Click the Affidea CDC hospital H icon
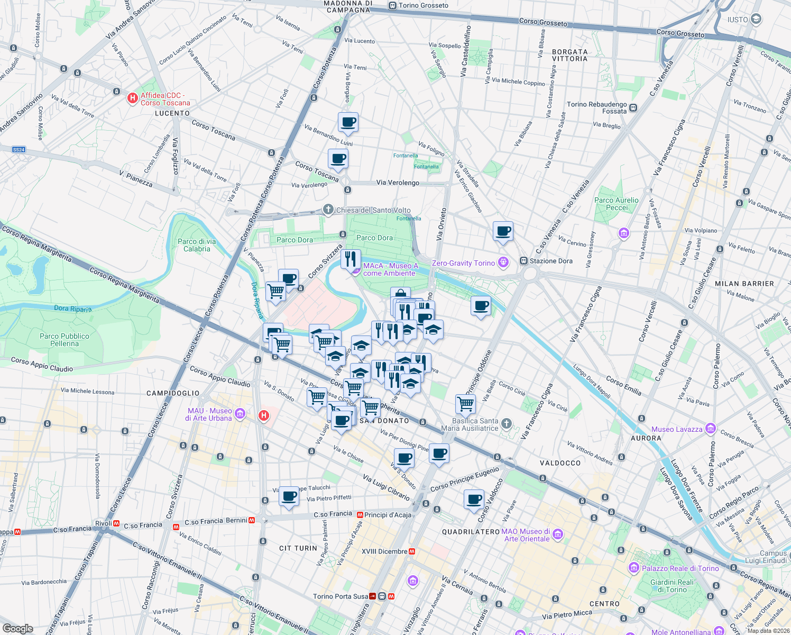coord(133,98)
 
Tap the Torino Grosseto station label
coord(423,5)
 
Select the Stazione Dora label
coord(551,261)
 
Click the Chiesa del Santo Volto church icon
coord(328,210)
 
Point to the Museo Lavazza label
coord(677,429)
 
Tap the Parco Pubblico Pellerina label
coord(65,340)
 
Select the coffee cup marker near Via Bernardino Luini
coord(348,122)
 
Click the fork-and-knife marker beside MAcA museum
coord(351,259)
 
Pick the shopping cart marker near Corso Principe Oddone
coord(465,404)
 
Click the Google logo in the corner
coord(17,629)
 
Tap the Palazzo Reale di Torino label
coord(680,568)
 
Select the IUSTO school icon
coord(756,20)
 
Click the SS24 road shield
coord(19,150)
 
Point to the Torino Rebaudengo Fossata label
coord(596,107)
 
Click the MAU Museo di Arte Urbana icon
coord(240,413)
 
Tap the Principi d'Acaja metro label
coord(387,515)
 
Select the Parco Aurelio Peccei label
coord(617,204)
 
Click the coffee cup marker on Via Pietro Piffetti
coord(289,497)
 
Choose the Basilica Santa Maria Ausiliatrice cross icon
coord(507,423)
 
